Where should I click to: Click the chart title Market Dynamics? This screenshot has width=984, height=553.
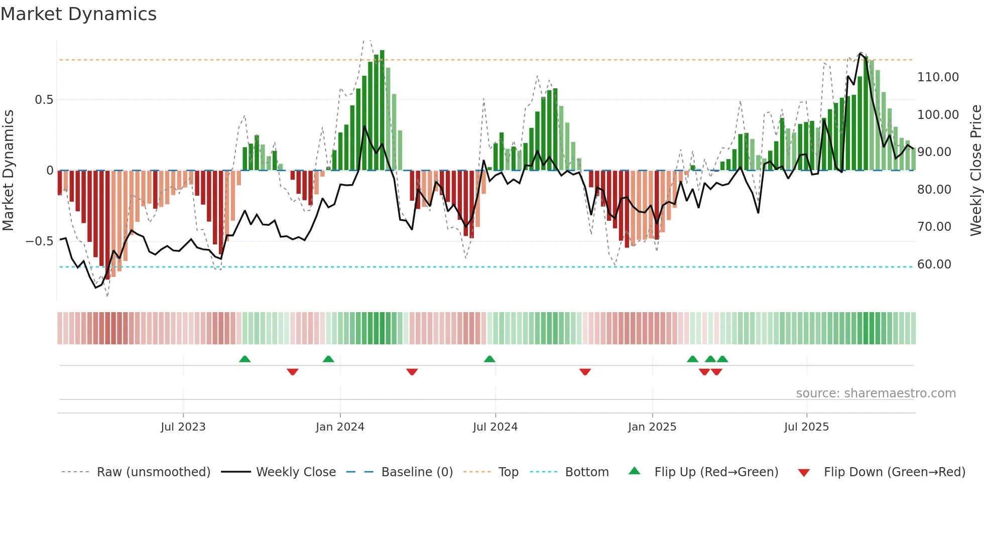pyautogui.click(x=78, y=14)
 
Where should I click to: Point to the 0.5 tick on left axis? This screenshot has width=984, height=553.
pyautogui.click(x=44, y=100)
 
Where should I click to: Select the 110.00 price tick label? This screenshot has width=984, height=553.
pyautogui.click(x=937, y=77)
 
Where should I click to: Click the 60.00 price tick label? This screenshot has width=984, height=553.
pyautogui.click(x=934, y=264)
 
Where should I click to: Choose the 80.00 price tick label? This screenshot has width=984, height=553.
pyautogui.click(x=934, y=190)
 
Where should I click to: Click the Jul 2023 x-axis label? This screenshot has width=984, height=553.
pyautogui.click(x=183, y=427)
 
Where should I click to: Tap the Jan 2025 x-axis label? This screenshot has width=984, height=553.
pyautogui.click(x=652, y=427)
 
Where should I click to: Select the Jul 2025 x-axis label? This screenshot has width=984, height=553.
pyautogui.click(x=806, y=427)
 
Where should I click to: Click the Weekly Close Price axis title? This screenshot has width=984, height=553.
pyautogui.click(x=975, y=170)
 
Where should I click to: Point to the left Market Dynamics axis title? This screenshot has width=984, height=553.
pyautogui.click(x=8, y=170)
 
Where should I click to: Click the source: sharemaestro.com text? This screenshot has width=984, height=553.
pyautogui.click(x=876, y=393)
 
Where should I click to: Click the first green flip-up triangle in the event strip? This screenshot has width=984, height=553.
pyautogui.click(x=244, y=359)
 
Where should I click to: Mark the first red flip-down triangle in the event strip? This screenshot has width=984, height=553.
pyautogui.click(x=293, y=372)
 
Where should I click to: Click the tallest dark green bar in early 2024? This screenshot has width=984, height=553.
pyautogui.click(x=382, y=110)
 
